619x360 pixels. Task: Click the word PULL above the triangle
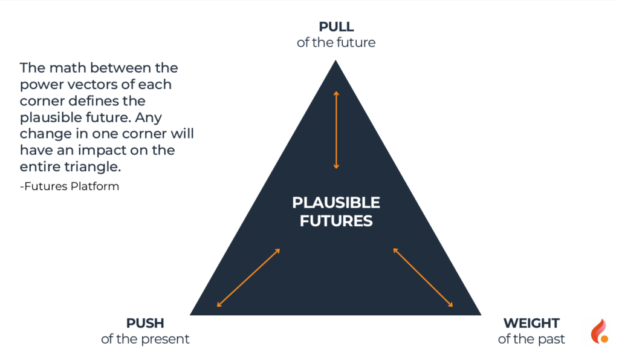336,27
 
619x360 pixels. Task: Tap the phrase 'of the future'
336,42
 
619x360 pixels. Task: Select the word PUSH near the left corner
145,323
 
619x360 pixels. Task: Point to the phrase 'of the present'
145,339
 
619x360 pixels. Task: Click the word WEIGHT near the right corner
531,323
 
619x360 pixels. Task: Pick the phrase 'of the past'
531,339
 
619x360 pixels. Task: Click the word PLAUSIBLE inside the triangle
336,203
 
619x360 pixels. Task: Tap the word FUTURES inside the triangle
336,221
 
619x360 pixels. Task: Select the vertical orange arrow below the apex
336,130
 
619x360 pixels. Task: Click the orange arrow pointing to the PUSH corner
248,278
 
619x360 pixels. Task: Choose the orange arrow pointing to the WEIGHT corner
423,277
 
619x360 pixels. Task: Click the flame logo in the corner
599,331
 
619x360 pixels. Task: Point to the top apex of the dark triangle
335,60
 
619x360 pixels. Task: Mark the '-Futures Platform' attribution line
70,186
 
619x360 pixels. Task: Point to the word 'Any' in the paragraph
149,118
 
